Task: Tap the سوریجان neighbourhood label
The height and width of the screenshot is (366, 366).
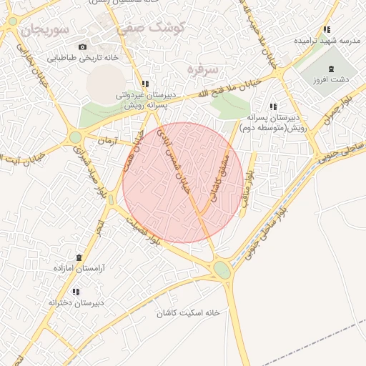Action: pos(44,31)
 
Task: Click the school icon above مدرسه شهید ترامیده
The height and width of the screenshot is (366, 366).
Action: pos(327,29)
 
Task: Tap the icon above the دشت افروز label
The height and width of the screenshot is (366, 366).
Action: pos(330,69)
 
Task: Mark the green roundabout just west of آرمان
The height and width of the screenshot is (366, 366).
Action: pos(75,137)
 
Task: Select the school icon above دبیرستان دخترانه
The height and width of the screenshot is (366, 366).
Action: pos(76,292)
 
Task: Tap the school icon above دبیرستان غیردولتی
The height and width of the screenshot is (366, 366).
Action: pos(146,84)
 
